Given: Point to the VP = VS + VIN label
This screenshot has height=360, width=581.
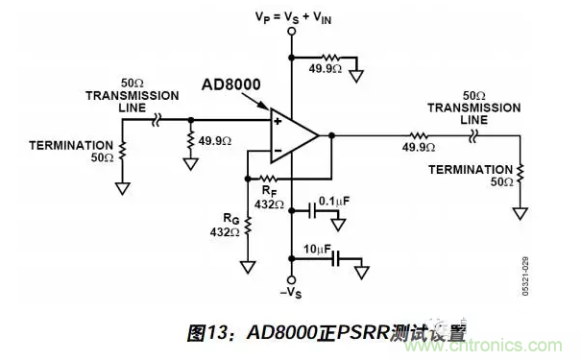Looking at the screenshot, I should tap(292, 15).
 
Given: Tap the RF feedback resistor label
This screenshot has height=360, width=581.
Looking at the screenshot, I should tap(271, 192).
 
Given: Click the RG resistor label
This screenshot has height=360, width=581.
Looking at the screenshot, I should tap(227, 225).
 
